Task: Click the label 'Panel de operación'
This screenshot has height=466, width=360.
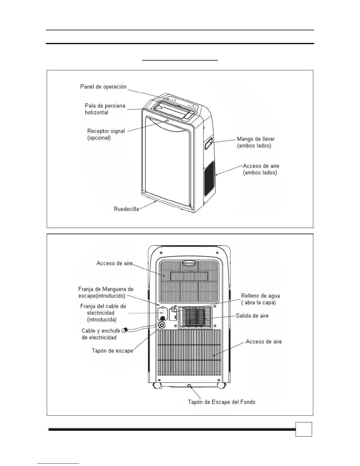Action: coord(103,87)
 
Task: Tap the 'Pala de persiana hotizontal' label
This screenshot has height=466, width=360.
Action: coord(105,109)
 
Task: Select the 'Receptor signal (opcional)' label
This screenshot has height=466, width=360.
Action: coord(106,134)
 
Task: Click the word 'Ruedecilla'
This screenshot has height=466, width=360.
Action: coord(126,209)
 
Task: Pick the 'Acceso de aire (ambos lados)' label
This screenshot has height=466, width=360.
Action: coord(261,169)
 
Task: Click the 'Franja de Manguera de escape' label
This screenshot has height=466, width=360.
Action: coord(106,292)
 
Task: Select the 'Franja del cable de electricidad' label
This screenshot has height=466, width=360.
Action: coord(103,313)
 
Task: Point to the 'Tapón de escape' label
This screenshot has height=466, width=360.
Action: coord(112,351)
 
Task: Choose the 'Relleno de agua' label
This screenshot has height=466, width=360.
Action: coord(260,299)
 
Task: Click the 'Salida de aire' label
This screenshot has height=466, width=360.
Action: coord(252,316)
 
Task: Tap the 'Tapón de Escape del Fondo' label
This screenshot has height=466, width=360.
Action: coord(221,402)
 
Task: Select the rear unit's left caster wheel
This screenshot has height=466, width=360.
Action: coord(156,386)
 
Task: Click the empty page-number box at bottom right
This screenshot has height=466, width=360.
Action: coord(304,429)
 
